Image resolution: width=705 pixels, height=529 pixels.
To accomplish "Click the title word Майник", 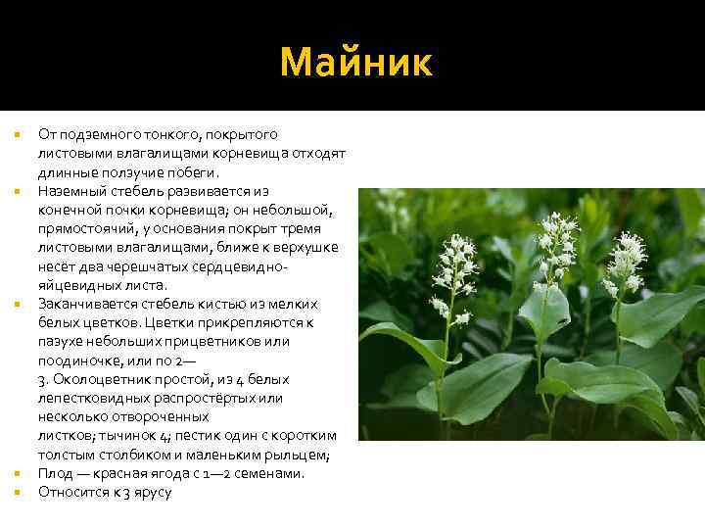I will point(354,62).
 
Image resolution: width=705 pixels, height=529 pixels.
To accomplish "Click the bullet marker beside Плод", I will point(20,473).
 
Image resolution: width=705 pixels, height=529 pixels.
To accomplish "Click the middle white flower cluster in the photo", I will point(558,240).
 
